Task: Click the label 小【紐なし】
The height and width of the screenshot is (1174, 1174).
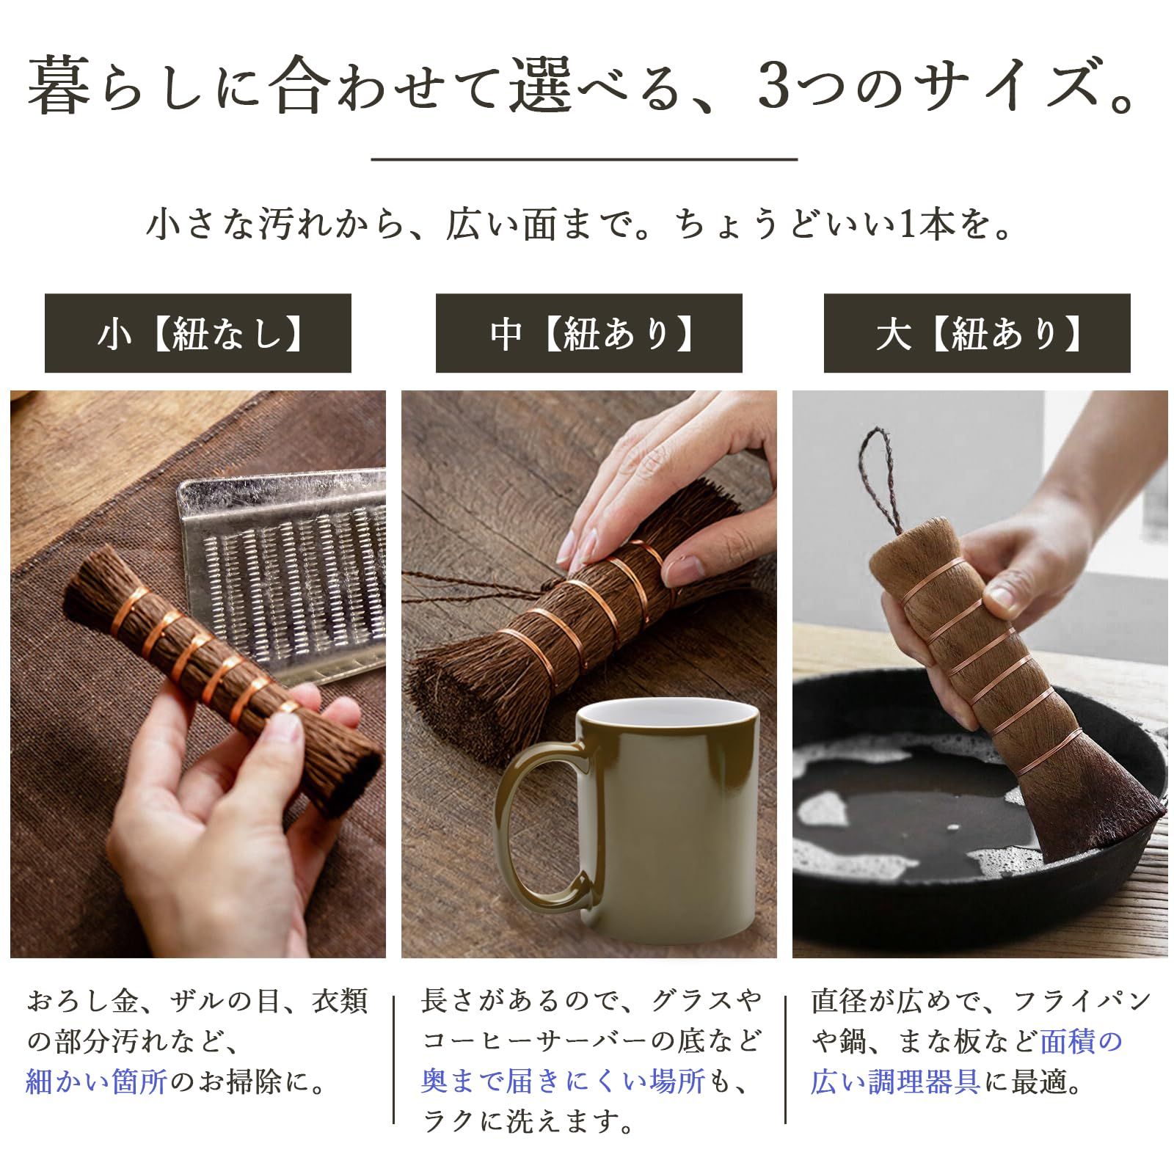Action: coord(198,334)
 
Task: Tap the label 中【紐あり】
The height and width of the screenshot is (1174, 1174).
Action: coord(588,334)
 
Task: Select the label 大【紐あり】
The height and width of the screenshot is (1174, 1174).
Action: coord(977,334)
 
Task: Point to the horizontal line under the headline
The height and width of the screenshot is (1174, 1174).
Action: coord(584,158)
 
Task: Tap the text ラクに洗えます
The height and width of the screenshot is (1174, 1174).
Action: coord(528,1122)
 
